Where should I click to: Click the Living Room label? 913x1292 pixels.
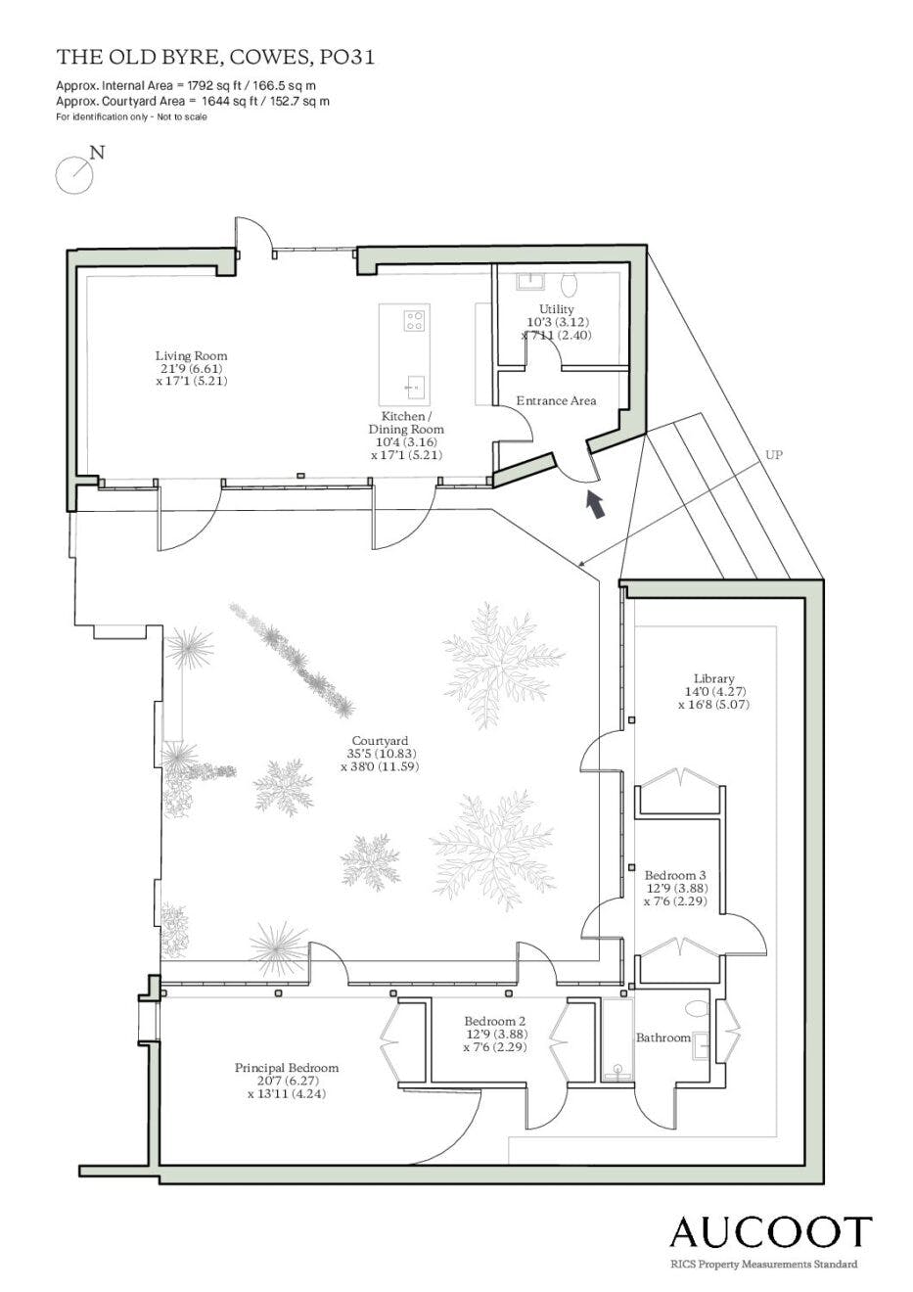(x=192, y=368)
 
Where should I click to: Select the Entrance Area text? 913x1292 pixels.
(x=556, y=401)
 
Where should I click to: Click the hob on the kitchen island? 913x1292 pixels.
(x=414, y=320)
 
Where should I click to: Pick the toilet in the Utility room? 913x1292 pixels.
(x=570, y=283)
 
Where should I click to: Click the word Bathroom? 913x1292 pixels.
(x=663, y=1038)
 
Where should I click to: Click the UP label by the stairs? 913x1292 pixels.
(x=774, y=454)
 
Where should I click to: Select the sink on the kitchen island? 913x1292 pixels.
(x=414, y=386)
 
